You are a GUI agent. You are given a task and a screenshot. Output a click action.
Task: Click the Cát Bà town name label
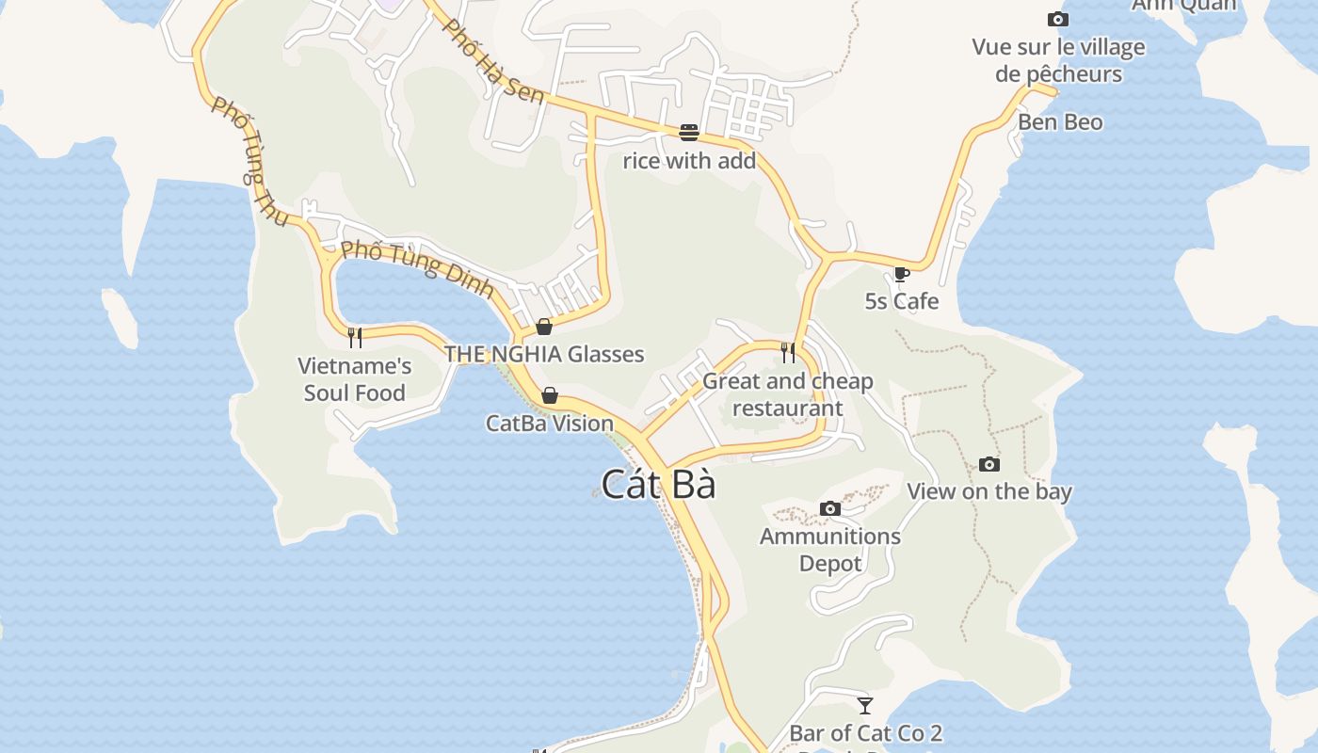[x=658, y=485]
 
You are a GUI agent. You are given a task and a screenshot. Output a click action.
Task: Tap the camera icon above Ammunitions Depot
[x=829, y=509]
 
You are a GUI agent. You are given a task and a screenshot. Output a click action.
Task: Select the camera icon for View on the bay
[x=988, y=464]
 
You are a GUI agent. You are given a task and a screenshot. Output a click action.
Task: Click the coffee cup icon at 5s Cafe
[x=901, y=274]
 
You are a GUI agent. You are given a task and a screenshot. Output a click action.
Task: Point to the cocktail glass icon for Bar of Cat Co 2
[x=865, y=705]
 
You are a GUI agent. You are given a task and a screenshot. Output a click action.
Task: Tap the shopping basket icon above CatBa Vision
[x=550, y=395]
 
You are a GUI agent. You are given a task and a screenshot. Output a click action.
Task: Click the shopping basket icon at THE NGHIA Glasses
[x=544, y=327]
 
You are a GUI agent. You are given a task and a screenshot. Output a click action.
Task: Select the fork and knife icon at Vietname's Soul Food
[x=355, y=337]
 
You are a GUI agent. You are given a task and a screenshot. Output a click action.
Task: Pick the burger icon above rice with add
[x=689, y=133]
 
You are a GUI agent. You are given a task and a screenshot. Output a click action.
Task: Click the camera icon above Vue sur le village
[x=1058, y=19]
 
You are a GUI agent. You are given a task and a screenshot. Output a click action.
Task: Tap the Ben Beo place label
[x=1060, y=122]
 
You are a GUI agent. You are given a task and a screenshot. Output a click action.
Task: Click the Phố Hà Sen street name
[x=493, y=60]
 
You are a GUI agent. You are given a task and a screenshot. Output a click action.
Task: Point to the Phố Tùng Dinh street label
[x=417, y=268]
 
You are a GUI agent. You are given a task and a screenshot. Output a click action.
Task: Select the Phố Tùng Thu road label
[x=249, y=161]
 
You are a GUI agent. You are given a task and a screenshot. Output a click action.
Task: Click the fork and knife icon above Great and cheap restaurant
[x=788, y=353]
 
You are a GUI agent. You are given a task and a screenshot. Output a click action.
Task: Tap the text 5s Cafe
[x=902, y=301]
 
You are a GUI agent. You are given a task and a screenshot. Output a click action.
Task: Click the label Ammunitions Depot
[x=829, y=550]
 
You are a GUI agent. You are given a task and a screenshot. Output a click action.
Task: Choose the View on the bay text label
[x=988, y=491]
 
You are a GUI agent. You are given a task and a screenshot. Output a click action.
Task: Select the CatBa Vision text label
[x=550, y=424]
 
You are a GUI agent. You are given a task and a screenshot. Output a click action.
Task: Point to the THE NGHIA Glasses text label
[x=544, y=355]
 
